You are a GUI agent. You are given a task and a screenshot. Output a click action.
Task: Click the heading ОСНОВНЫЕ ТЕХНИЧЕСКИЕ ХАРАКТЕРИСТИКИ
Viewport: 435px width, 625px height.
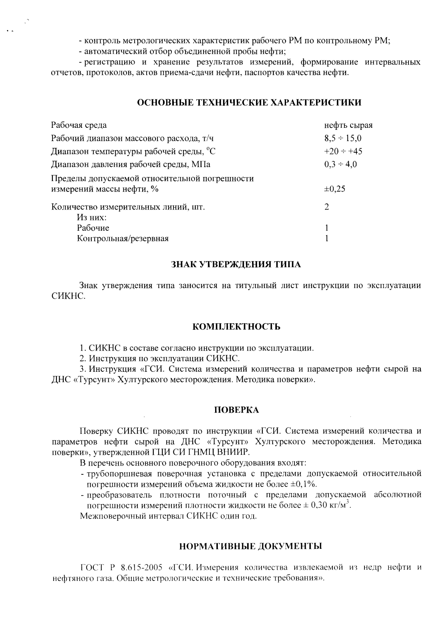(x=249, y=103)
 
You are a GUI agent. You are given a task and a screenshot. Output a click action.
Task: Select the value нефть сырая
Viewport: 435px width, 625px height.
(x=348, y=125)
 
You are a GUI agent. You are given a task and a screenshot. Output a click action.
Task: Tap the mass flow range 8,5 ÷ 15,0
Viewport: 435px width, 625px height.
(x=343, y=139)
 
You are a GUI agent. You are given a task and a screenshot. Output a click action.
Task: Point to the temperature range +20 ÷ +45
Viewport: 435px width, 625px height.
(x=343, y=151)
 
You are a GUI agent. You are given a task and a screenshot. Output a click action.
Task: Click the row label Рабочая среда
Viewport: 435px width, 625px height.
(x=79, y=125)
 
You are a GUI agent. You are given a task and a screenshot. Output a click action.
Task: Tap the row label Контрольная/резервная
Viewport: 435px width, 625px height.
(x=123, y=239)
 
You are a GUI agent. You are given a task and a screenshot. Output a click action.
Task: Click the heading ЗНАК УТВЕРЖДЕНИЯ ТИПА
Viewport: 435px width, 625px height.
(x=236, y=265)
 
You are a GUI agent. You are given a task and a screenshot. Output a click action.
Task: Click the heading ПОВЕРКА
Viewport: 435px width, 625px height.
(x=236, y=410)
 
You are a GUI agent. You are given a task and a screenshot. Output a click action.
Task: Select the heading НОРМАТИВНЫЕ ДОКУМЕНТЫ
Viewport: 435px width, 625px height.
(x=250, y=546)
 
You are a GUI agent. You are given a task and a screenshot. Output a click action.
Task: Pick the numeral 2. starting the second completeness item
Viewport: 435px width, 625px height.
(x=83, y=358)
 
